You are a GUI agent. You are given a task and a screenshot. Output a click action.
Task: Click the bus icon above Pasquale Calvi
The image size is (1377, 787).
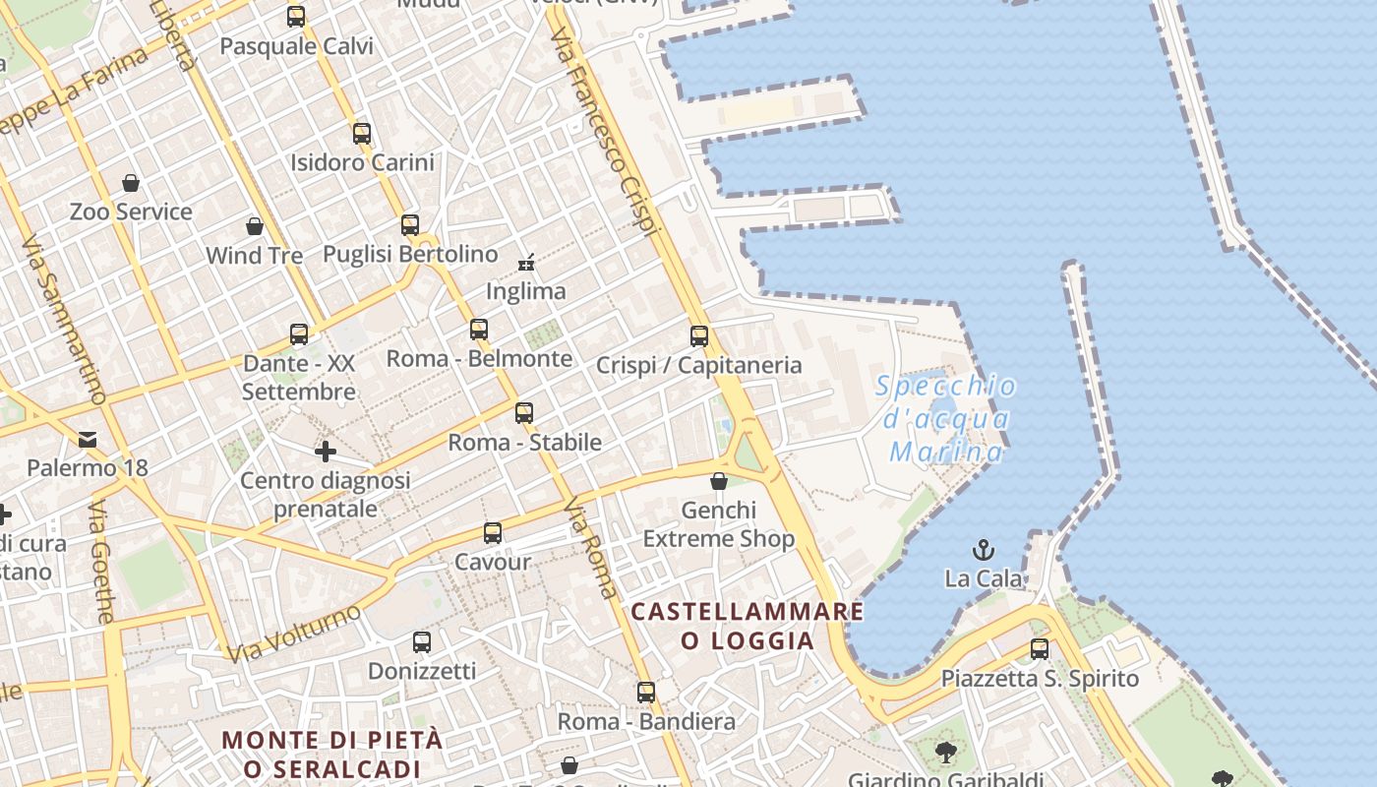tap(296, 17)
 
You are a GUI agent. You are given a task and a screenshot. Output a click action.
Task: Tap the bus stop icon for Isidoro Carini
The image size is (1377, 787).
tap(362, 134)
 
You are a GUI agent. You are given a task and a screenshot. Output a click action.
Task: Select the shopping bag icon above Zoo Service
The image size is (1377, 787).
tap(131, 183)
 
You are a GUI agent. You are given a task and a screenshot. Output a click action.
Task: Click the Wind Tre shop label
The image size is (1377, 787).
tap(254, 256)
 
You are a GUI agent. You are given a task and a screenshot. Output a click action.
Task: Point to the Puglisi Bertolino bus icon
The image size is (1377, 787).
tap(410, 225)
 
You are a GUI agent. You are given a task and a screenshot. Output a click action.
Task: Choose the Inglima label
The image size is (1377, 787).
tap(526, 291)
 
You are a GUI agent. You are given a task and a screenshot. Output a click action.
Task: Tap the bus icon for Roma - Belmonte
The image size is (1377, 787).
tap(479, 330)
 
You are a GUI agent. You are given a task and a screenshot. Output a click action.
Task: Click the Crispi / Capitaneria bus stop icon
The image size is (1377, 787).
tap(699, 336)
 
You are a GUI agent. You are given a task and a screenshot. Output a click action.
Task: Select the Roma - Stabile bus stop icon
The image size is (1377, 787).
tap(524, 413)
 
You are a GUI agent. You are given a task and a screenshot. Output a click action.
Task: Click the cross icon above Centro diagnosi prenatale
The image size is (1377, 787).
tap(326, 452)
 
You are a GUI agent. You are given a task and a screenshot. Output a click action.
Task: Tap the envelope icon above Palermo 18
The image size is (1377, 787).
tap(89, 439)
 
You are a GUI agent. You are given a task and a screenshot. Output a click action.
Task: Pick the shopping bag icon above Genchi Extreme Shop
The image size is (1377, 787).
tap(719, 481)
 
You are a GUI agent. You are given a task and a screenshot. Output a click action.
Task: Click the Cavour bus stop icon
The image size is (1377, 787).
tap(493, 533)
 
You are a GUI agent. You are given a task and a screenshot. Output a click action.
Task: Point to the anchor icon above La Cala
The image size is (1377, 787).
tap(984, 550)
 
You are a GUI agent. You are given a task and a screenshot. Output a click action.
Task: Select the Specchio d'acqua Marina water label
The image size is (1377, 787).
tap(946, 419)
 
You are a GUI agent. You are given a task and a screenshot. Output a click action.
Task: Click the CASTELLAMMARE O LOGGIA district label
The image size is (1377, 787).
tap(748, 626)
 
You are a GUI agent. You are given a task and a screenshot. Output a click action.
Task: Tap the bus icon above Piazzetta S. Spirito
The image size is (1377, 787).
tap(1040, 649)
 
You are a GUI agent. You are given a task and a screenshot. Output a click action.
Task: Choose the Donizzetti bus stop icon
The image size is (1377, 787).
tap(422, 642)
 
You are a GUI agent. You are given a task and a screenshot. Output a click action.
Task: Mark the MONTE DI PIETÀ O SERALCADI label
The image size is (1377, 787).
tap(332, 754)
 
